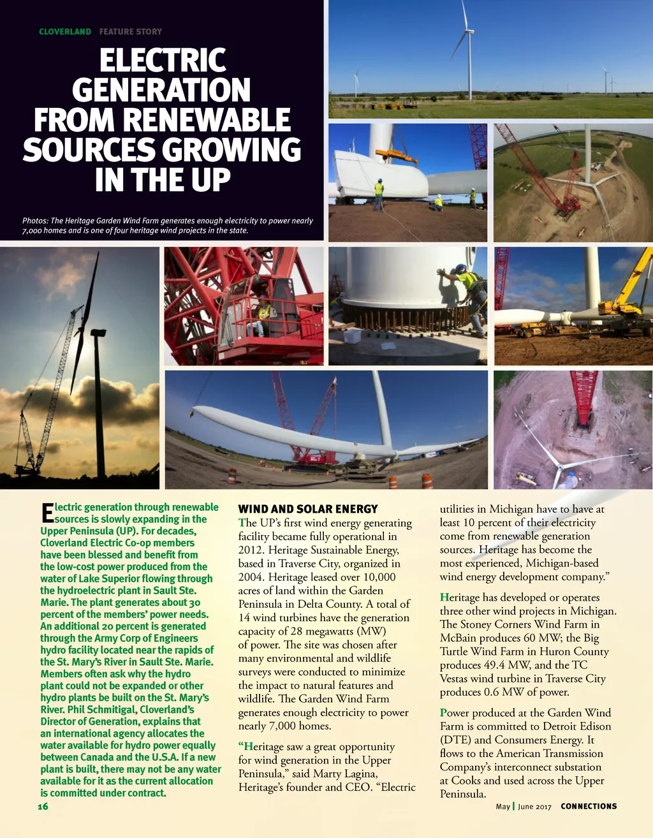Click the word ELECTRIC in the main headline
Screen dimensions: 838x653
[x=163, y=61]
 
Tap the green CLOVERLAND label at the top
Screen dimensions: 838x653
[x=64, y=31]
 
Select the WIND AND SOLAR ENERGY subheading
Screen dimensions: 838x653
[x=308, y=509]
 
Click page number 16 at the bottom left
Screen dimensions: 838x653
[x=43, y=806]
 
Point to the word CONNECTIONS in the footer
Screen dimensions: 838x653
[x=589, y=806]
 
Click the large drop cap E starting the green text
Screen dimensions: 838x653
[x=47, y=513]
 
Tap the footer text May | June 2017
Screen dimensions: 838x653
[x=524, y=806]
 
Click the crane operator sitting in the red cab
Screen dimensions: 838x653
[x=262, y=314]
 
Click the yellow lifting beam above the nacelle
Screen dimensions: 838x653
[x=396, y=154]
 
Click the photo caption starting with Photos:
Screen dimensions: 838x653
[x=167, y=225]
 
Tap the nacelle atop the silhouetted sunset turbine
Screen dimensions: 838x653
[x=98, y=332]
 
